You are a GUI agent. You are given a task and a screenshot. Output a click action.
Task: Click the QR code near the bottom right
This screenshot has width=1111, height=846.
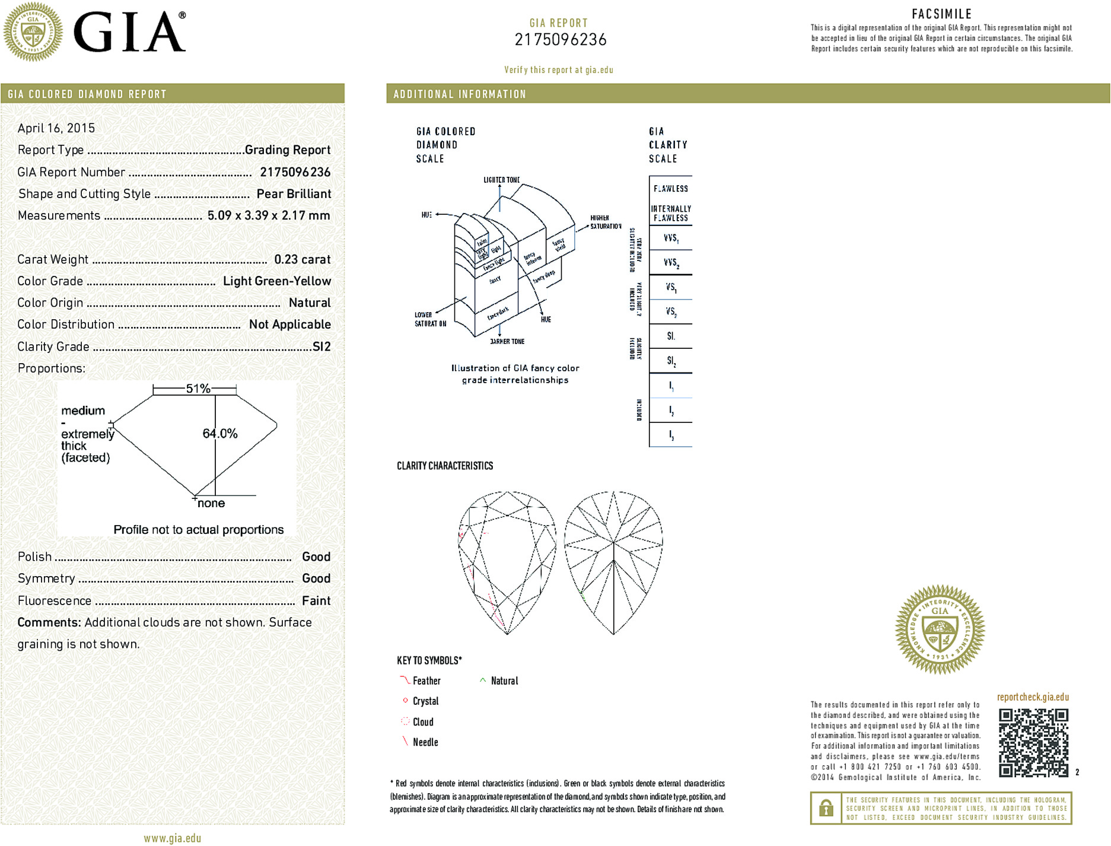pos(1033,742)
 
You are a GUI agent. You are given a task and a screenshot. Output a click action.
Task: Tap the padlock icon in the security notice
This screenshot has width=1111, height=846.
pos(826,808)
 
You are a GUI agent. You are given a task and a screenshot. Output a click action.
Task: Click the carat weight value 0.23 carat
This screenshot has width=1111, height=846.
pos(302,259)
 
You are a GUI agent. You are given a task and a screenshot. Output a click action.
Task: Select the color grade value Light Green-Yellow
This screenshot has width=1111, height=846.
pos(277,281)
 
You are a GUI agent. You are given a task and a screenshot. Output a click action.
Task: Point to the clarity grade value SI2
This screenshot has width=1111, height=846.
pos(321,346)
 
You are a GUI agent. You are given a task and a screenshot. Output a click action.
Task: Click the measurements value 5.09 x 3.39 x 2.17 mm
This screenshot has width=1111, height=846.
pos(269,215)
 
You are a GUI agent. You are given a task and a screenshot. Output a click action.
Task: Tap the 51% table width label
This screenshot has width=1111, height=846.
pos(198,389)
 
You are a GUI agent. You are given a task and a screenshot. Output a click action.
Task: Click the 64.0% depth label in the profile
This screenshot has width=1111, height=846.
pos(220,434)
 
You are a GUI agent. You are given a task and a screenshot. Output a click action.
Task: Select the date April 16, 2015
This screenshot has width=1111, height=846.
pos(56,128)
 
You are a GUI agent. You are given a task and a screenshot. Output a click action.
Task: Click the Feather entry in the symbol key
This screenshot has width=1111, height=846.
pos(426,681)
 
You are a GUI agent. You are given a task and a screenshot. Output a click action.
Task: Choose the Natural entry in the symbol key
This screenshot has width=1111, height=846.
pos(504,681)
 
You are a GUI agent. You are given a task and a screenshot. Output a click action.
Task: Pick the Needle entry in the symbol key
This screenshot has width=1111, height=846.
pos(425,742)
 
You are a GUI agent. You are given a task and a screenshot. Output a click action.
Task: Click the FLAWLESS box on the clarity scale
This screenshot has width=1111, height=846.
pos(671,189)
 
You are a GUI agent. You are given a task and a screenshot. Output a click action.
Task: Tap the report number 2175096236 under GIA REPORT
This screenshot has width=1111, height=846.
pos(561,40)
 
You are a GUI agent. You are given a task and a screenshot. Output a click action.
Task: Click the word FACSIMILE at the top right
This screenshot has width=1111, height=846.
pos(941,14)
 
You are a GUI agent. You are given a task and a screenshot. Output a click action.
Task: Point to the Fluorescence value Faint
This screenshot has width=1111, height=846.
pos(316,600)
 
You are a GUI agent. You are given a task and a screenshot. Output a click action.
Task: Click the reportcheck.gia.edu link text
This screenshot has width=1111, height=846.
pos(1033,697)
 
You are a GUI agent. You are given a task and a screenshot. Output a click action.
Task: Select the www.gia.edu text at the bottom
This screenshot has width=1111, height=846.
pos(172,838)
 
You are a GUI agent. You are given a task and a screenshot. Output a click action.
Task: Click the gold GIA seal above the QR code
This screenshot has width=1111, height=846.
pos(940,629)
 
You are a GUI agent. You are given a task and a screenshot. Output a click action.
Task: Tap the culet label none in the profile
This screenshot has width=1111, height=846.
pos(211,503)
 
